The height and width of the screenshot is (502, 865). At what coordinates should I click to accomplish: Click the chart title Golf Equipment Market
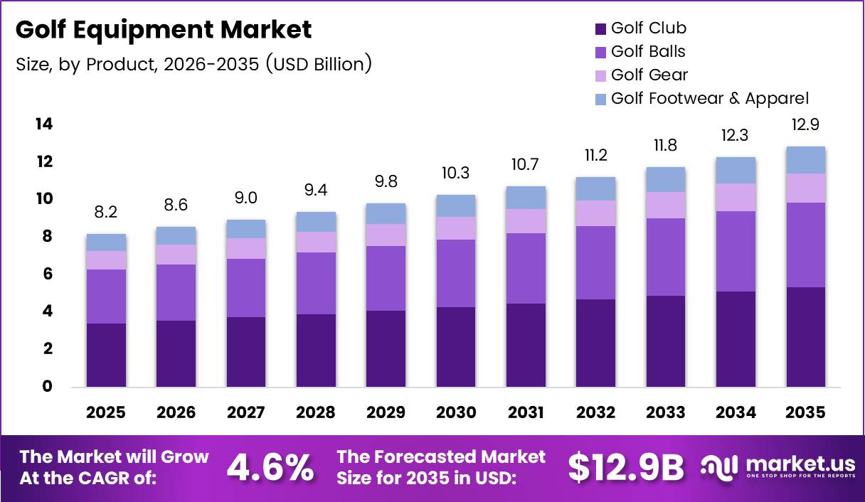tap(163, 30)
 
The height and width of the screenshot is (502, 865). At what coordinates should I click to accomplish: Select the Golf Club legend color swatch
tap(600, 28)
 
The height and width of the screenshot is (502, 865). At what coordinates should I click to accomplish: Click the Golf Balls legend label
tap(648, 51)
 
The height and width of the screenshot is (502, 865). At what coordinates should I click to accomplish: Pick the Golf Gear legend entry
tap(649, 75)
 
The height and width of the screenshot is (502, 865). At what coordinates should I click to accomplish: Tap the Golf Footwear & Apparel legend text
tap(709, 98)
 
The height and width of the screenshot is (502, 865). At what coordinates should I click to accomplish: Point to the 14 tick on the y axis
tap(43, 124)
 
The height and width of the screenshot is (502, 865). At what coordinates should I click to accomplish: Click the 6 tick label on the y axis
tap(47, 274)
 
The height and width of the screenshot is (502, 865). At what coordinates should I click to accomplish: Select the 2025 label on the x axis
tap(106, 412)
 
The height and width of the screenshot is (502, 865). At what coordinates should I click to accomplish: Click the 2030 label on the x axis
tap(456, 412)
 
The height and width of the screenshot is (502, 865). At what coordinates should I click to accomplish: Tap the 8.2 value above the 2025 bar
tap(106, 213)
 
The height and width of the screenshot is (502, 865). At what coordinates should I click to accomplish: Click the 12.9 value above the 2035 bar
tap(806, 125)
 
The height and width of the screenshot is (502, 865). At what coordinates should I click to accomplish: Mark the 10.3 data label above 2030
tap(456, 173)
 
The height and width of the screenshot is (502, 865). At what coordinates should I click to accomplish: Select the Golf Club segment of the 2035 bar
tap(806, 337)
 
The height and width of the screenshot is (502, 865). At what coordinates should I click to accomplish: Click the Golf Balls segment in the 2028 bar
tap(316, 283)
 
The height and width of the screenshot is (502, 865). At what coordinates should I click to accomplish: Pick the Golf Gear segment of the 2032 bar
tap(596, 213)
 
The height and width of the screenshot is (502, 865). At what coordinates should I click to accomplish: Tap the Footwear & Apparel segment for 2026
tap(176, 235)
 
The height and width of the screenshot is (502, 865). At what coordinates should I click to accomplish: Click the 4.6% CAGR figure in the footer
tap(270, 467)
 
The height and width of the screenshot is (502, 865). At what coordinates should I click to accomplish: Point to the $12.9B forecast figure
tap(625, 467)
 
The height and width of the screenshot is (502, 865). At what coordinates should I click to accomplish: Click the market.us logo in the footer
tap(777, 467)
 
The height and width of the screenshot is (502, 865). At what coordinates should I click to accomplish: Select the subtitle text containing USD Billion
tap(193, 64)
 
